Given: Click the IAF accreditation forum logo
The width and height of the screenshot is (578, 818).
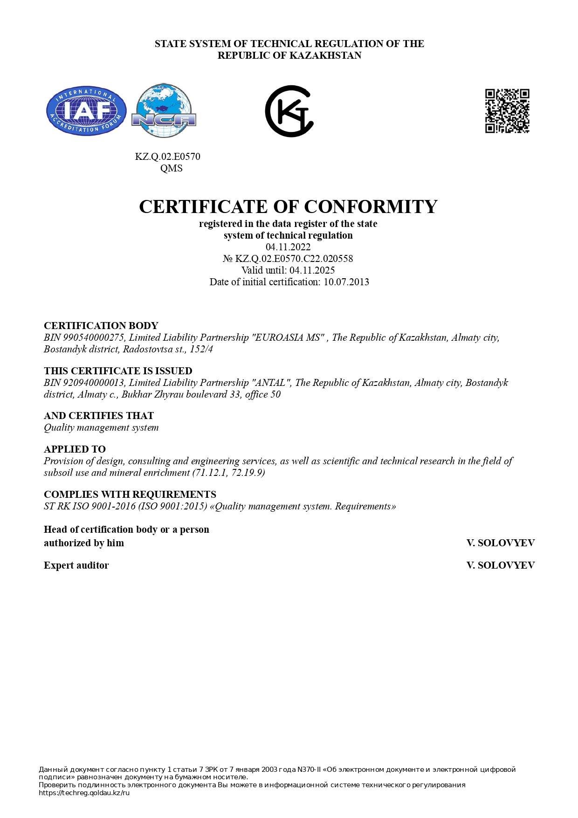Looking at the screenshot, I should tap(86, 111).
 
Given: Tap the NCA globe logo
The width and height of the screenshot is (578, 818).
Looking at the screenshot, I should tap(164, 111).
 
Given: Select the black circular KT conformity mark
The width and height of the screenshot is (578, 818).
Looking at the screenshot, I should tap(289, 111).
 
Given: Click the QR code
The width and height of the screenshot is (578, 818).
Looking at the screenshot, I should tap(507, 111).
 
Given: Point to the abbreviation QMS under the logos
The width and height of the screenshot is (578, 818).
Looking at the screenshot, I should tap(171, 168).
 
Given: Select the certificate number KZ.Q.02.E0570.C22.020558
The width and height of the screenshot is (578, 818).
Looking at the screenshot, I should tap(294, 259).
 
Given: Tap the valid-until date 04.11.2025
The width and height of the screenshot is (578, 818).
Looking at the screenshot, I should tap(312, 270).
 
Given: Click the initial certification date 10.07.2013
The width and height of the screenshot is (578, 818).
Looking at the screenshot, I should tap(346, 282).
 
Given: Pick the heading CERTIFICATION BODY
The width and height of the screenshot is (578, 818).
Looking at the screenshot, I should tap(101, 326).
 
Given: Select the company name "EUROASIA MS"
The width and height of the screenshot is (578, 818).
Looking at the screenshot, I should tap(289, 337).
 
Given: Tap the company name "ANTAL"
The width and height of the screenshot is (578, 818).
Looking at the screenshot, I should tap(272, 383).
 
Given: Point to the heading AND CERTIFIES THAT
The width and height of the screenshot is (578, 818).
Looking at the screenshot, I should tap(99, 416).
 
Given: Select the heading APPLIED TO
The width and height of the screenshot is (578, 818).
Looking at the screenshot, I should tap(75, 449).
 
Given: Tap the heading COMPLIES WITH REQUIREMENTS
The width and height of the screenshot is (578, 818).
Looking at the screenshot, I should tap(130, 495).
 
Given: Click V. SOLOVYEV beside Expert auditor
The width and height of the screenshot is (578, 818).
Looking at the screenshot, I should tap(500, 565).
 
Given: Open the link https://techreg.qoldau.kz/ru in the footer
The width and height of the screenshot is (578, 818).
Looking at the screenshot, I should tap(84, 793).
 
